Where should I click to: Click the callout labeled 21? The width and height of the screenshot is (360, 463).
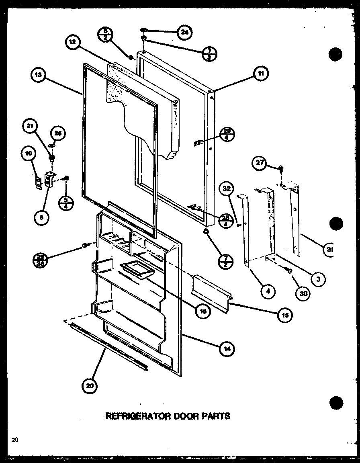(x=30, y=127)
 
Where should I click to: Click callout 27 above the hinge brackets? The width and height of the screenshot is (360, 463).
(x=259, y=163)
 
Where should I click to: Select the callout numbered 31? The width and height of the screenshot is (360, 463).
(x=329, y=249)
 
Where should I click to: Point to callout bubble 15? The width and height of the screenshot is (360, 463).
(x=285, y=315)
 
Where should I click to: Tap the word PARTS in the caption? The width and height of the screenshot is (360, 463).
(x=217, y=416)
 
